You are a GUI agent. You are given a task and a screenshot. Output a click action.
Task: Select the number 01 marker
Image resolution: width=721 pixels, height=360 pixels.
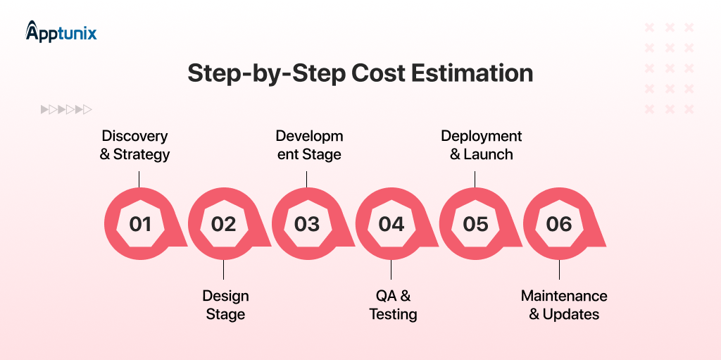pyautogui.click(x=140, y=224)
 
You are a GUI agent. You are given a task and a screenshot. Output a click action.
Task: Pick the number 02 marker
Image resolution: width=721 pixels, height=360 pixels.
pyautogui.click(x=224, y=224)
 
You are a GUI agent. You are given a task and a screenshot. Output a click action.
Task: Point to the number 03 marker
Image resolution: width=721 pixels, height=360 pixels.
pyautogui.click(x=307, y=224)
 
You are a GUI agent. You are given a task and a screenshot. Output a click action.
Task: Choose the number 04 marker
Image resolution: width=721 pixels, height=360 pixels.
pyautogui.click(x=391, y=224)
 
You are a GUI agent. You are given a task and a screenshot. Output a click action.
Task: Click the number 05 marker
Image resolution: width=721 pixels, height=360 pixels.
pyautogui.click(x=475, y=224)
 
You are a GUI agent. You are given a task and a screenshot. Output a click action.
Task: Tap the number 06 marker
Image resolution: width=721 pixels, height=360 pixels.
pyautogui.click(x=559, y=224)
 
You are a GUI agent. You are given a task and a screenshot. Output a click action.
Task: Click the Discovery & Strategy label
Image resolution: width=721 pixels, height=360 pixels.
pyautogui.click(x=135, y=145)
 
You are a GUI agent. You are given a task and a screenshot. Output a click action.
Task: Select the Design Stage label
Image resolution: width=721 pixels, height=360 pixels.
pyautogui.click(x=225, y=305)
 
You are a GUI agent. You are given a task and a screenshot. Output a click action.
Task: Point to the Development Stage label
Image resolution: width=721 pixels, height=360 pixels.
pyautogui.click(x=309, y=145)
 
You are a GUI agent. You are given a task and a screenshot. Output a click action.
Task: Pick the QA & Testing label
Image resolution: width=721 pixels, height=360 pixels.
pyautogui.click(x=393, y=305)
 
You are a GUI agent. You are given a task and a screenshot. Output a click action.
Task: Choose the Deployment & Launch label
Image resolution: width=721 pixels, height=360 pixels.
pyautogui.click(x=482, y=145)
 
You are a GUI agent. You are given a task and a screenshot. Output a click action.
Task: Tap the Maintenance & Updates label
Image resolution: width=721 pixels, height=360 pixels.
pyautogui.click(x=564, y=305)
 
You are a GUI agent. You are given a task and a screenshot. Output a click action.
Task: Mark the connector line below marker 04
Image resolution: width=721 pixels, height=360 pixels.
pyautogui.click(x=391, y=270)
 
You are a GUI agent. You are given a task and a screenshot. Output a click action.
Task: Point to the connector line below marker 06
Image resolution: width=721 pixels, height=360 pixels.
pyautogui.click(x=559, y=270)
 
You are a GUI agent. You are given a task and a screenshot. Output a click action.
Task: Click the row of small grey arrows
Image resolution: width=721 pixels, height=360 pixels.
pyautogui.click(x=66, y=109)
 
